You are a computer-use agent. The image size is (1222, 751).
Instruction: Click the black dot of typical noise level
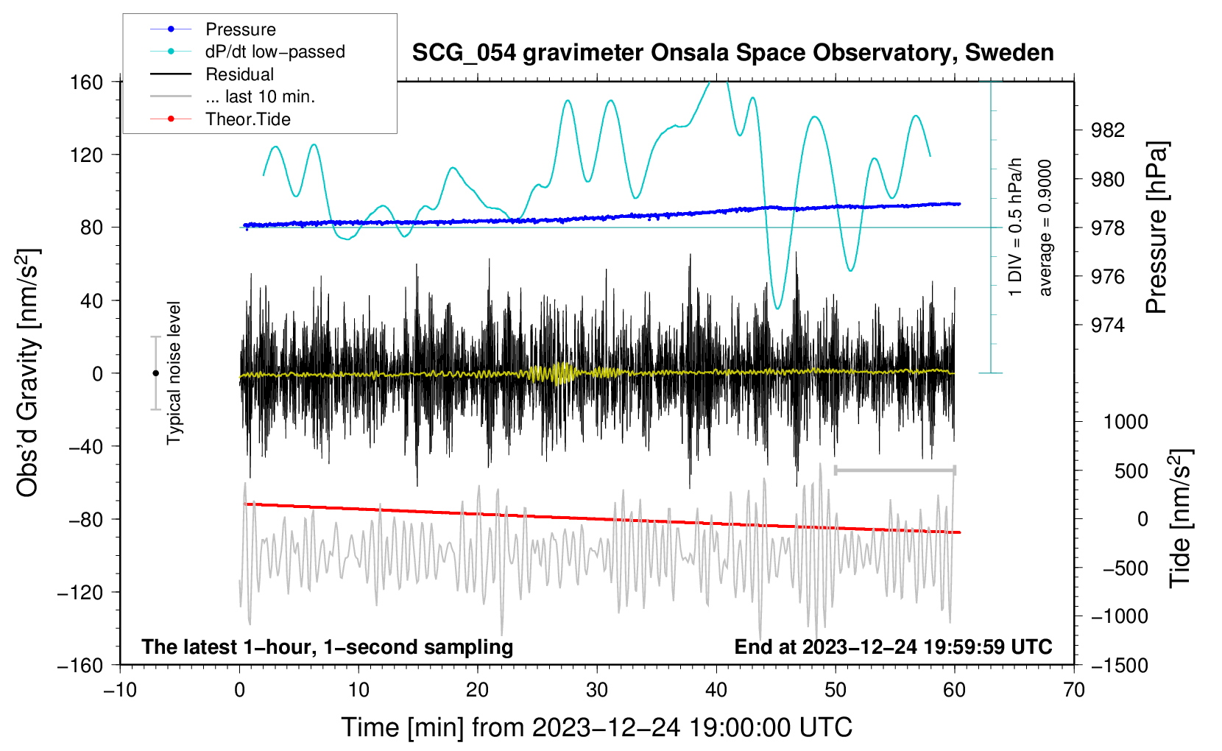pyautogui.click(x=155, y=373)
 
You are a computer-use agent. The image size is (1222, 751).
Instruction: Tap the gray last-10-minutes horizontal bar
pyautogui.click(x=895, y=470)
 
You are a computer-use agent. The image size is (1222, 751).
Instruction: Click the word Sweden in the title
pyautogui.click(x=1009, y=53)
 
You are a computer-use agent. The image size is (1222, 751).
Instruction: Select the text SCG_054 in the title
pyautogui.click(x=464, y=53)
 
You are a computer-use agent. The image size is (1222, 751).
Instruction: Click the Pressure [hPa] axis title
pyautogui.click(x=1156, y=228)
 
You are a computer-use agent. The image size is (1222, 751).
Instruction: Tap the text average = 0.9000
pyautogui.click(x=1044, y=228)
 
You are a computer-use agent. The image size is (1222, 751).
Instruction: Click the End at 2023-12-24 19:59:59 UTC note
pyautogui.click(x=893, y=646)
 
